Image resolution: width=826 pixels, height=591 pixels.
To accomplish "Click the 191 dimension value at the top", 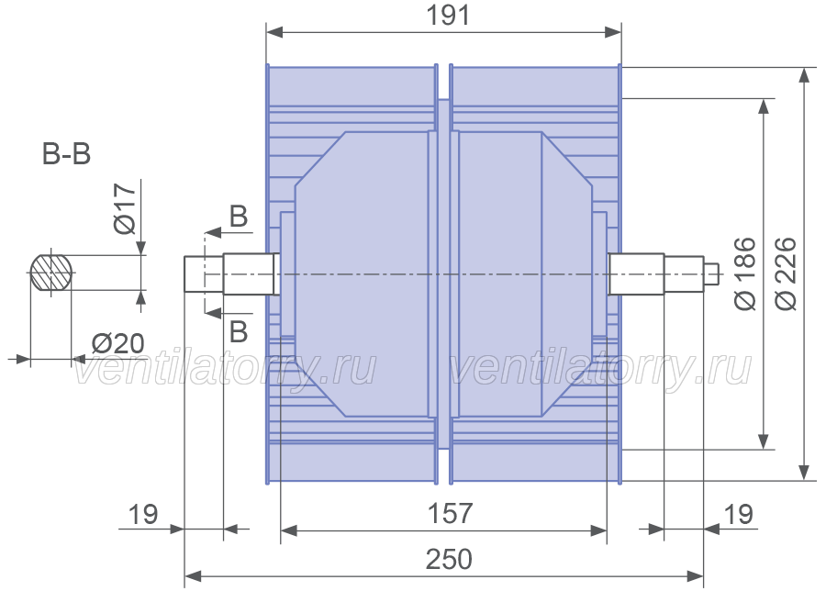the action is pyautogui.click(x=447, y=15).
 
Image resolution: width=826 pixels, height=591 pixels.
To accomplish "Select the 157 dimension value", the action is pyautogui.click(x=450, y=513).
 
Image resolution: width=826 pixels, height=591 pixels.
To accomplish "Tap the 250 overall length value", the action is pyautogui.click(x=449, y=560).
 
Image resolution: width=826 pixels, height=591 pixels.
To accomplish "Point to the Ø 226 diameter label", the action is pyautogui.click(x=787, y=273).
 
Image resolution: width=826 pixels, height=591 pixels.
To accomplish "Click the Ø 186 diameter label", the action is pyautogui.click(x=745, y=273).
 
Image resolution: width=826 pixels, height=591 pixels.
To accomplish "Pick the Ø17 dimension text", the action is pyautogui.click(x=125, y=208).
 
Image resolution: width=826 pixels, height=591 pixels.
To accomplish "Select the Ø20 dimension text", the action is pyautogui.click(x=118, y=343).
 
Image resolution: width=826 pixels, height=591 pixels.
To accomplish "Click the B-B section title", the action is pyautogui.click(x=66, y=154).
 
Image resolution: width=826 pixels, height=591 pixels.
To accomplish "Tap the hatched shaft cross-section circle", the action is pyautogui.click(x=50, y=273).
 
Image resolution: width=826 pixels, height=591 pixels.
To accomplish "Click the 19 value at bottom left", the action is pyautogui.click(x=143, y=514).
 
